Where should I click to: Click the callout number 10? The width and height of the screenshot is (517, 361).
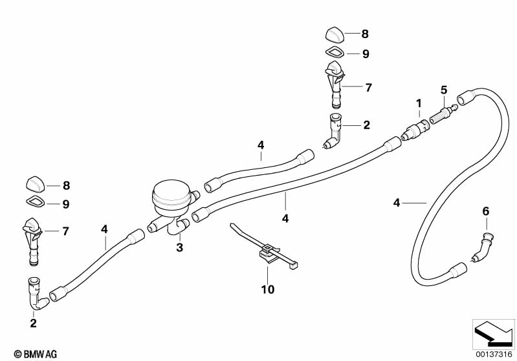pos(267,289)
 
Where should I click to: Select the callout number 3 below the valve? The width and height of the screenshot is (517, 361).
pos(181,247)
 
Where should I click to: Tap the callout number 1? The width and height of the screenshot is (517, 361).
pos(419,103)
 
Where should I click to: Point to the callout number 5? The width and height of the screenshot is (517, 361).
pos(444,89)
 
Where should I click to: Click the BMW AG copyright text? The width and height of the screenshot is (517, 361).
pos(31,353)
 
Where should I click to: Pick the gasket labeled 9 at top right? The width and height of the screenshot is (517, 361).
pos(335,53)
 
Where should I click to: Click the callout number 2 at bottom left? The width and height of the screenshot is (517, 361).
pos(33,323)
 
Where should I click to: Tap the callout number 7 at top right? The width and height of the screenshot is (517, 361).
pos(368,87)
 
